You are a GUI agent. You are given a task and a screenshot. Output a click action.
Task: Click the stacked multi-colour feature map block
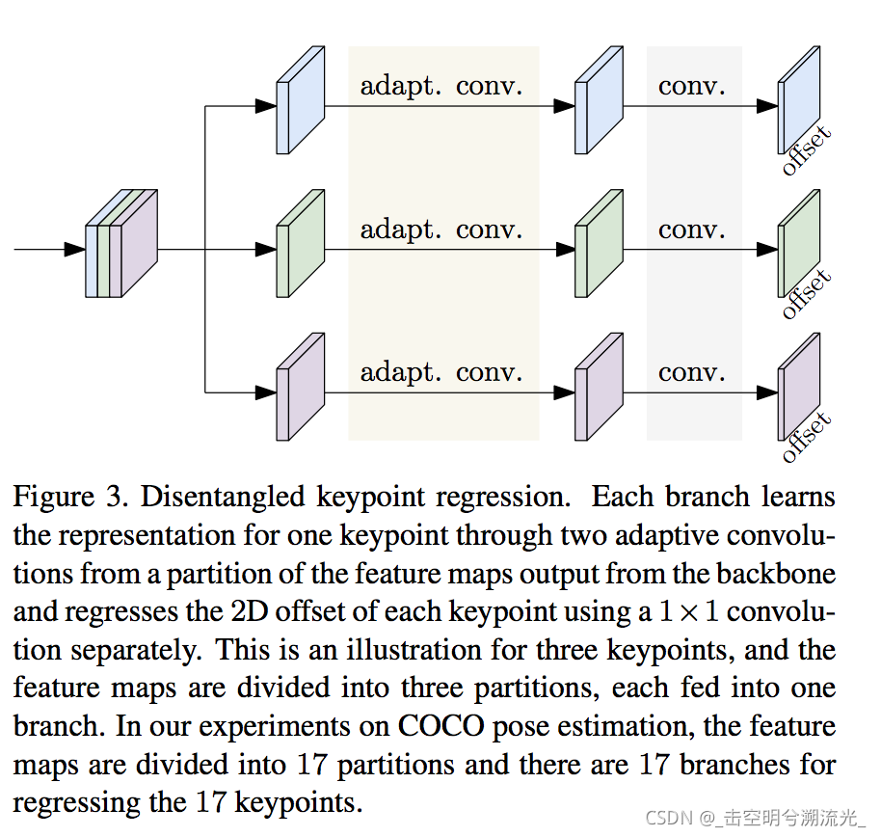[121, 245]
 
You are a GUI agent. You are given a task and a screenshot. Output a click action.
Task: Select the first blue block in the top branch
[300, 100]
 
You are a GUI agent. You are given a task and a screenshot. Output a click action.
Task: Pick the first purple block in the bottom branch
[300, 387]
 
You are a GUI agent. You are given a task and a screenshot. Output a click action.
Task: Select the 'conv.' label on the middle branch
[692, 229]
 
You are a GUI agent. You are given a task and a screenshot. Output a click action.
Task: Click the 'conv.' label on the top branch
[692, 86]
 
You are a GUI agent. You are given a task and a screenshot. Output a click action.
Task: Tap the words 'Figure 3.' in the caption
[70, 499]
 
